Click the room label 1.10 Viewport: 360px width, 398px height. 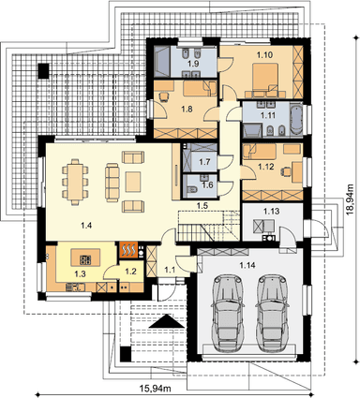(x=264, y=55)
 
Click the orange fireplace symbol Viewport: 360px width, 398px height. (x=128, y=250)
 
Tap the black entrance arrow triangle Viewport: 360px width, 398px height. (x=167, y=321)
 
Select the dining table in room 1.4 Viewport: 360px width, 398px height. (x=75, y=182)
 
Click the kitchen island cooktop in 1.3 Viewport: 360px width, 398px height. (x=85, y=259)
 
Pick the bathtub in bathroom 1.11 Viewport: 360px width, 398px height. (x=296, y=120)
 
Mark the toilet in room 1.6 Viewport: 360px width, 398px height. (x=191, y=189)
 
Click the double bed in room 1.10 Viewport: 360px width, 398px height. (x=265, y=78)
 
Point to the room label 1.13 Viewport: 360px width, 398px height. (x=271, y=212)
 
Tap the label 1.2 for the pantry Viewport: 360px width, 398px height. (x=130, y=272)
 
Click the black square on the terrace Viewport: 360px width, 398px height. (x=43, y=71)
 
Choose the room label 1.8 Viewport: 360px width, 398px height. (x=187, y=109)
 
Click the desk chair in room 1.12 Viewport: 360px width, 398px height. (x=286, y=170)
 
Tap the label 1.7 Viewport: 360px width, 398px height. (x=204, y=162)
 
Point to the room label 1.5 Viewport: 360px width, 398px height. (x=202, y=205)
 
